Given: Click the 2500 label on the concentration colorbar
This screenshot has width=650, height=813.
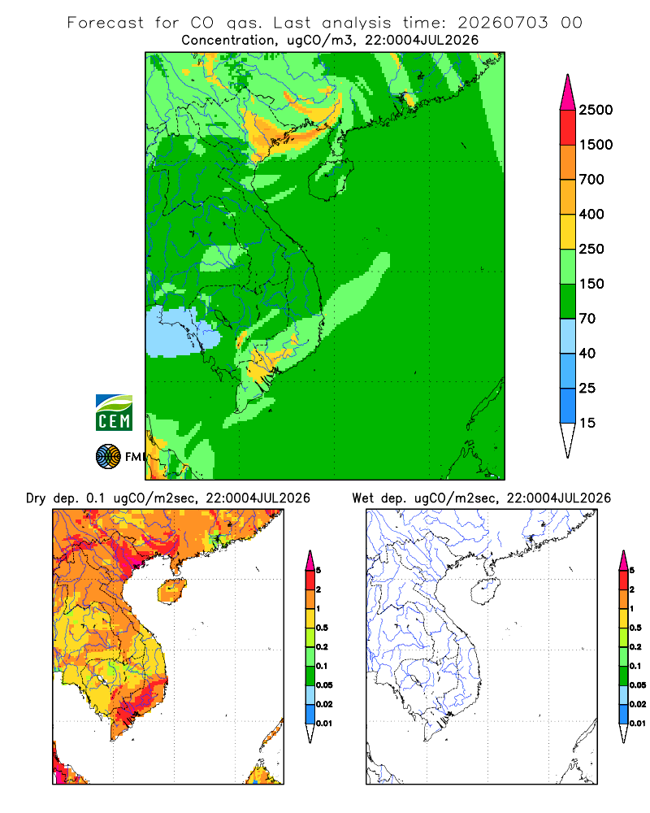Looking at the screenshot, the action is coord(596,110).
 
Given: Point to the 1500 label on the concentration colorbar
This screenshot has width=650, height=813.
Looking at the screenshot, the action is coord(596,145).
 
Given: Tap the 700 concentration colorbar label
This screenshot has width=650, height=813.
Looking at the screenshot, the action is coord(591,180).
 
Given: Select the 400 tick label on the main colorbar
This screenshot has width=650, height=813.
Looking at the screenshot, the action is coord(591,214).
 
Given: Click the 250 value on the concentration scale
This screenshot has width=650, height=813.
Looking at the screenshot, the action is coord(591,249).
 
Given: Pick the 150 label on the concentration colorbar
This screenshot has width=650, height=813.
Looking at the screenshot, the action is coord(591,284).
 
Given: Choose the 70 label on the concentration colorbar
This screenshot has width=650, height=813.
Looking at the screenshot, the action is coord(587,319).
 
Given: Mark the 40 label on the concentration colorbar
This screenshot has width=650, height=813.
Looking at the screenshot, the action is coord(587,353).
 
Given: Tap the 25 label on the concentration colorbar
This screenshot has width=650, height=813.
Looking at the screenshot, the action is coord(587,388).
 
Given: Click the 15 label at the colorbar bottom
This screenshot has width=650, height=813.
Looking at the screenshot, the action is coord(587,423).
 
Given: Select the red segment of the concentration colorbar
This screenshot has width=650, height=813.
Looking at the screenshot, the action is coord(568,127).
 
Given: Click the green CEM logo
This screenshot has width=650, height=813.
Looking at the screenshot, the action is coord(114,413).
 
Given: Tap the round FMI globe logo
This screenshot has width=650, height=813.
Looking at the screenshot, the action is coord(108,457).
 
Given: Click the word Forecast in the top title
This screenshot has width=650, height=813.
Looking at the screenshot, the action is coord(106,23).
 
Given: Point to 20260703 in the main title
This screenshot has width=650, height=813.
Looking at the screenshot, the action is coord(502,23).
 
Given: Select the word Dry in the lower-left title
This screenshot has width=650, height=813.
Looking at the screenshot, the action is coord(36,498).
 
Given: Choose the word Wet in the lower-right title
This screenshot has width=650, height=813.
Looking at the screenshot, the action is coord(362,498).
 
